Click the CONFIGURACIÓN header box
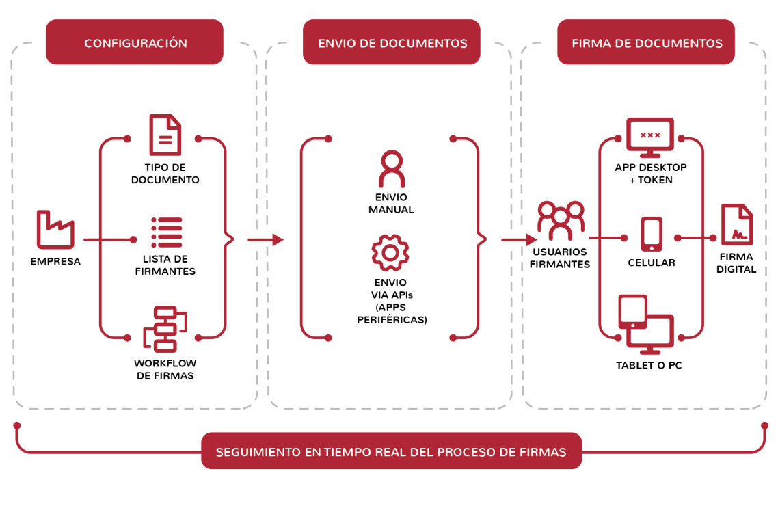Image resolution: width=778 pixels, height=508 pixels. (x=135, y=42)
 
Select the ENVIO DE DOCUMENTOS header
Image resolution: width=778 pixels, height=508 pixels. (x=392, y=42)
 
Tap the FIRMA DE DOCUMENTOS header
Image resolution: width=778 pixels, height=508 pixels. (x=646, y=42)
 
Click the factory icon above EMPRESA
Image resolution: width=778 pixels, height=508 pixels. (x=55, y=230)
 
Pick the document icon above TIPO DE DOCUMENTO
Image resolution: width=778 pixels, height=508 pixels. (x=165, y=135)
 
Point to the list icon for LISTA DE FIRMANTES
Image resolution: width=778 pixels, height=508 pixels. (x=166, y=232)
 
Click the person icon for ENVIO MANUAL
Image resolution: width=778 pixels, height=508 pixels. (x=391, y=169)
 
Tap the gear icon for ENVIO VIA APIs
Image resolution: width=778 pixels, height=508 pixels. (x=390, y=252)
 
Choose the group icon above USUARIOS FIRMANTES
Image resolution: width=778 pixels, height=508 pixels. (x=561, y=219)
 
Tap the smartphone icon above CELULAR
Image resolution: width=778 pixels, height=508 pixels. (x=651, y=235)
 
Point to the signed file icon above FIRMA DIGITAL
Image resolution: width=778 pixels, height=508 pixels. (x=737, y=225)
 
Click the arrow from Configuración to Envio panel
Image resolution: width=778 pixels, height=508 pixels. (x=266, y=239)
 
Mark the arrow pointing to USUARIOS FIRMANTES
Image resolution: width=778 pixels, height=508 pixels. (x=520, y=239)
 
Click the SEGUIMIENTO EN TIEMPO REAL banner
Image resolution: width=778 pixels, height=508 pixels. (x=391, y=451)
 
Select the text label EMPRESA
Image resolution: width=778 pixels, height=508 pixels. (x=55, y=261)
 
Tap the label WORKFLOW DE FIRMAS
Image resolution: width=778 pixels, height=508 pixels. (x=164, y=369)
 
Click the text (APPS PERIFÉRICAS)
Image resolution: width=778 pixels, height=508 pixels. (x=392, y=313)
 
